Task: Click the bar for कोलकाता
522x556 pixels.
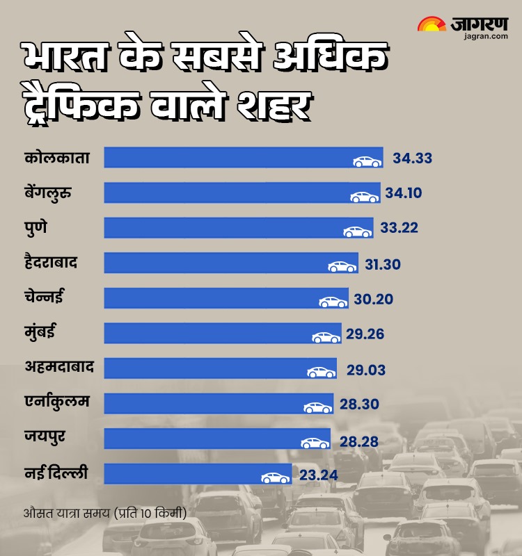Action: point(230,158)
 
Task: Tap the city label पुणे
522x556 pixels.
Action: point(35,227)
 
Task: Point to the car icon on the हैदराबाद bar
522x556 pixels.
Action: point(342,266)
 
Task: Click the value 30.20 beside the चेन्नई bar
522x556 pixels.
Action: point(374,300)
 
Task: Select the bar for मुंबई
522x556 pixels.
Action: point(209,334)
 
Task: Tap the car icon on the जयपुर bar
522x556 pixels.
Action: point(315,443)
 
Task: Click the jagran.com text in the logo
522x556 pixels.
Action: point(484,36)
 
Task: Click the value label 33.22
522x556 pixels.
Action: point(399,228)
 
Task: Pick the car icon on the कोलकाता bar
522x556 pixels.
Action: point(367,161)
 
